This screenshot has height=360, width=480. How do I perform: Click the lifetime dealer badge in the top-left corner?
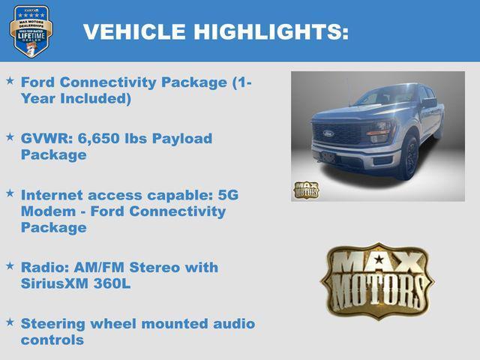coord(31,31)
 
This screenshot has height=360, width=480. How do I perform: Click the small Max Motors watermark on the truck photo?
coord(306,190)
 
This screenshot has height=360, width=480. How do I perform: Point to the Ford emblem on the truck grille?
coord(328,133)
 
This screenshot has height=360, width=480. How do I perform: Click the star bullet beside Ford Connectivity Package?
coord(10,79)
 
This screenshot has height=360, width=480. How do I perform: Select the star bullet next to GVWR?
coord(10,136)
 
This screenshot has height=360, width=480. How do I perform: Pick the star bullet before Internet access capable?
coord(10,193)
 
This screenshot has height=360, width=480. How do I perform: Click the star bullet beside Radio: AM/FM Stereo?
coord(10,265)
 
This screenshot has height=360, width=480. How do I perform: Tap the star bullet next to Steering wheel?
coord(10,322)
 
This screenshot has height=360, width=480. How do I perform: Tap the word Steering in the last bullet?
coord(55,324)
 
